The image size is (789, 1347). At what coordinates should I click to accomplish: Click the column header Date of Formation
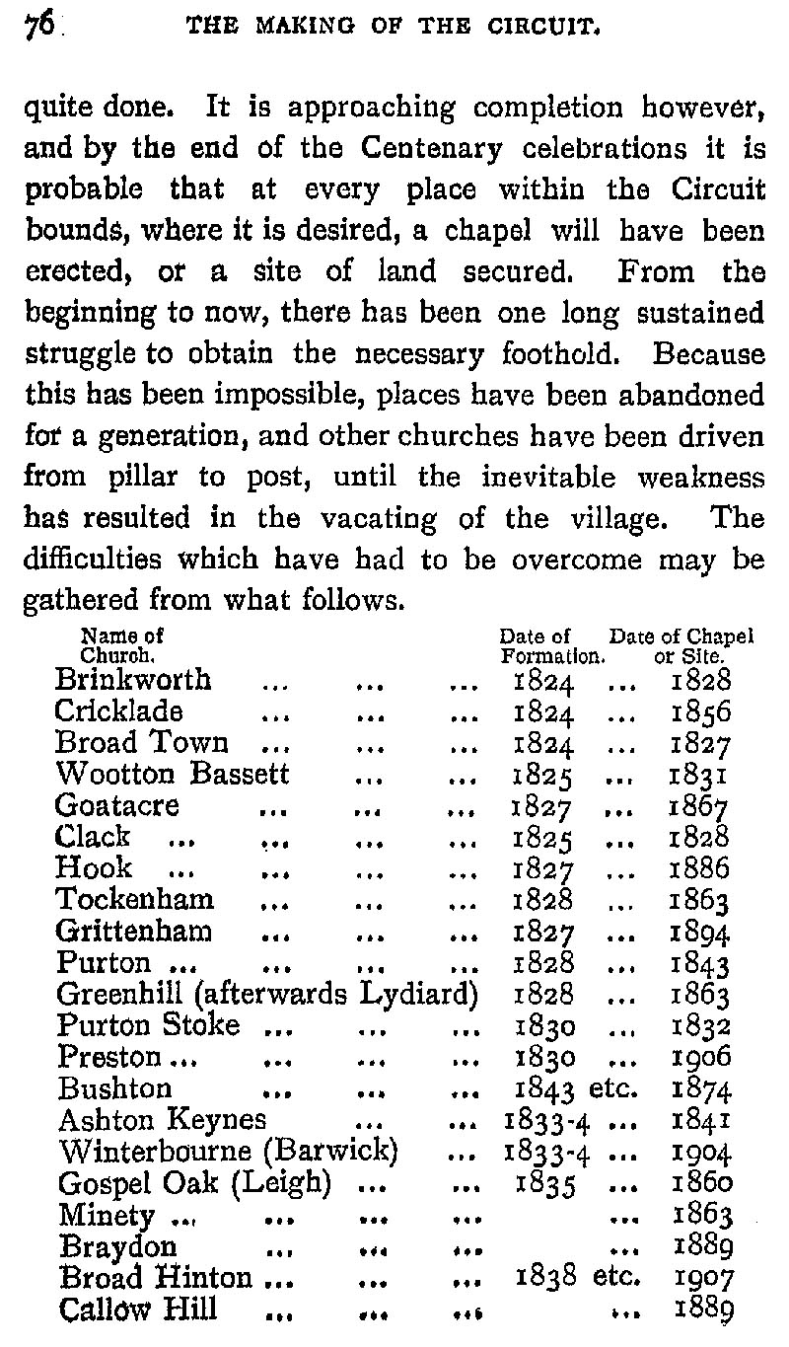pyautogui.click(x=549, y=644)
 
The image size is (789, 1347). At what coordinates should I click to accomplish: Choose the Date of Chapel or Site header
pyautogui.click(x=681, y=644)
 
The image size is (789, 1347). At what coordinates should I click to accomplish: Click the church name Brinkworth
pyautogui.click(x=133, y=679)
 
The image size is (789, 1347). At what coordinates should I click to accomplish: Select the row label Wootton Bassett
pyautogui.click(x=173, y=774)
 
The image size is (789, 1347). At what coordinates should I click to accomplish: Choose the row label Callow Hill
pyautogui.click(x=137, y=1310)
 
